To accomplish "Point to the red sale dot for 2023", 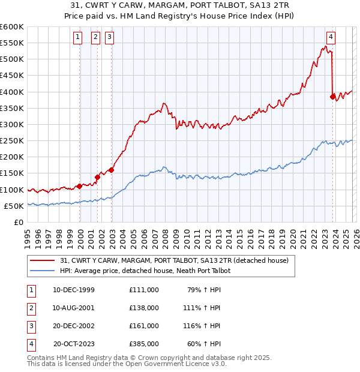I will coord(332,96).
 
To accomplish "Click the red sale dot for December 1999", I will coord(80,186).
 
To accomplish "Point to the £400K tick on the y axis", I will coord(12,92).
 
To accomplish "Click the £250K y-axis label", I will coord(12,141).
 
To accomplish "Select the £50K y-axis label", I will coord(14,206).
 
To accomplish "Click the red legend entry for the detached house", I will coord(175,260).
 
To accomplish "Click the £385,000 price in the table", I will coord(143,344).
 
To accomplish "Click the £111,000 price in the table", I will coord(143,290).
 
